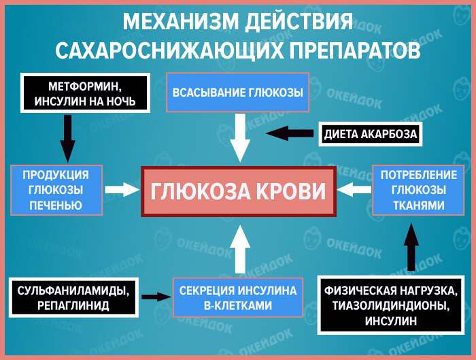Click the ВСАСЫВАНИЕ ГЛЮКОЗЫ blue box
point(237,93)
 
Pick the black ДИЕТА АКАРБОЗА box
point(370,134)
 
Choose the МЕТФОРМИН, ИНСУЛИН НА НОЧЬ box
point(84,93)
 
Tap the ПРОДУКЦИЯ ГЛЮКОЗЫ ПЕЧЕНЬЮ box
point(56,190)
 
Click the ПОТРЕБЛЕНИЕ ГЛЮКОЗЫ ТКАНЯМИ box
point(413,189)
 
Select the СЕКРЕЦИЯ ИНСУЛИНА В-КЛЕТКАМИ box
point(238,298)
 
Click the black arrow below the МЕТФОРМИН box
point(68,136)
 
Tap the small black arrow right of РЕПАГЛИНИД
point(156,297)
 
